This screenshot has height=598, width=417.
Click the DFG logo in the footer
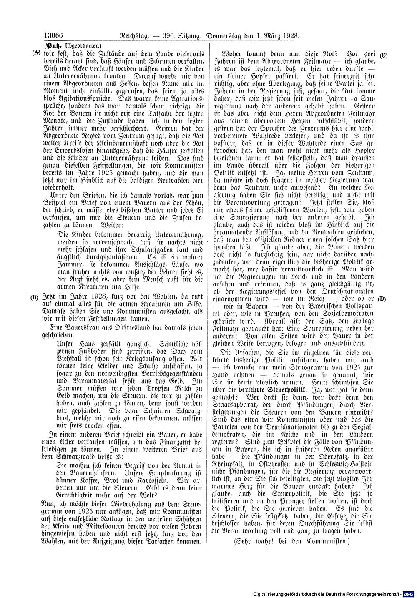point(409,592)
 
